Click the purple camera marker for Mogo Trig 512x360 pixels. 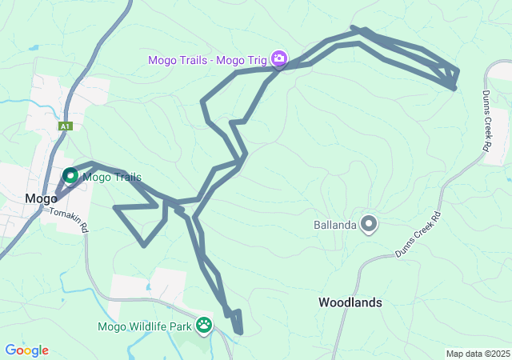tap(278, 58)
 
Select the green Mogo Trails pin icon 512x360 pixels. tap(70, 175)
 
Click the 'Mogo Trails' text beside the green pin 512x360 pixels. tap(111, 178)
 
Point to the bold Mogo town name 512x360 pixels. tap(41, 198)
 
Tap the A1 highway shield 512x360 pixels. tap(66, 126)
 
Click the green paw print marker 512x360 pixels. tap(205, 325)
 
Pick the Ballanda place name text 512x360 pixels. tap(334, 225)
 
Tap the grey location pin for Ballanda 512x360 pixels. tap(369, 224)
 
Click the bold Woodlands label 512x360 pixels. tap(350, 302)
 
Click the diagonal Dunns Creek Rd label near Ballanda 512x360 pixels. tap(418, 234)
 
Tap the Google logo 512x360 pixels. tap(26, 350)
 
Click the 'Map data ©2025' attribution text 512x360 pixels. tap(478, 354)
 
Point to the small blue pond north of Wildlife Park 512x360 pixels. tap(149, 286)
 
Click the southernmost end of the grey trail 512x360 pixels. tap(238, 332)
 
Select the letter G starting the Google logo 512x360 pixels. tap(10, 350)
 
